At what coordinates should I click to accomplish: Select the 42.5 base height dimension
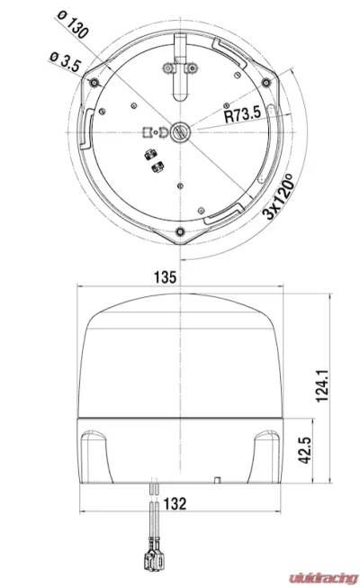pos(303,447)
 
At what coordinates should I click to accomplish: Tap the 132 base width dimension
pos(176,506)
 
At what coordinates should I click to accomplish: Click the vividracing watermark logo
pos(314,573)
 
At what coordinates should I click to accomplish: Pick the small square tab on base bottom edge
pos(218,479)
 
